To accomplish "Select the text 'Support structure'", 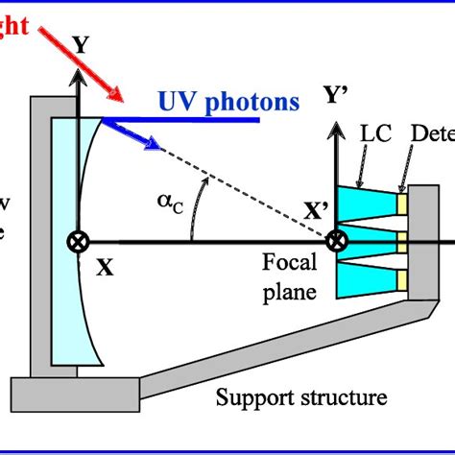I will click(x=302, y=396).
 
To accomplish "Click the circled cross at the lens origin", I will click(x=73, y=241).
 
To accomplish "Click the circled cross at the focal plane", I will click(x=337, y=241).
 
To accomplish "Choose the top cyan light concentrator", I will click(x=370, y=203).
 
